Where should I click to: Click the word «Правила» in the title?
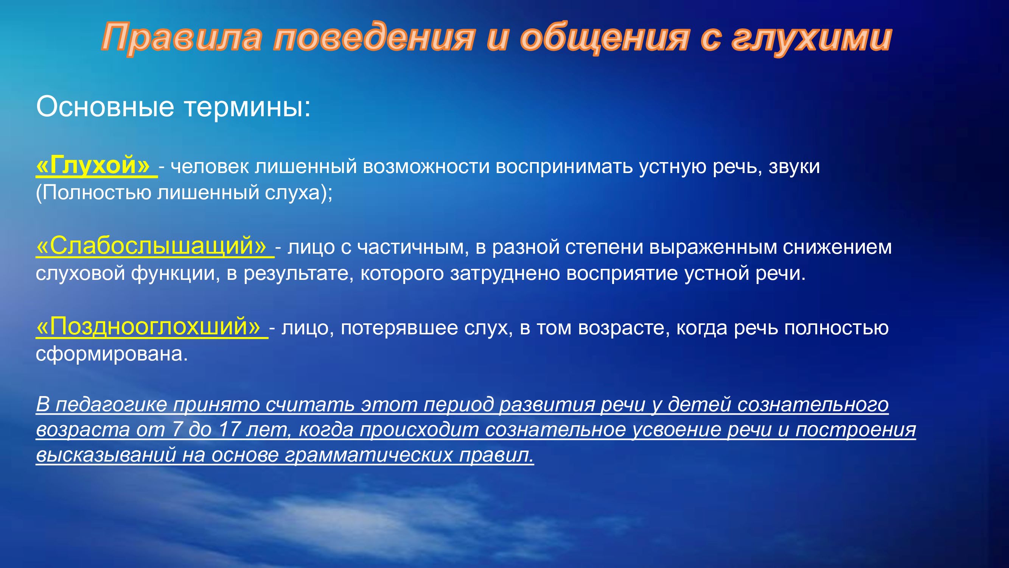coord(181,37)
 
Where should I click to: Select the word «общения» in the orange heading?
coord(604,38)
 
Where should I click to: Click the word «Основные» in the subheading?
coord(105,107)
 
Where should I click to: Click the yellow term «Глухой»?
coord(93,165)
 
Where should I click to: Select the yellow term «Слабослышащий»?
coord(151,246)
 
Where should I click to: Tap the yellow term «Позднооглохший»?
coord(148,326)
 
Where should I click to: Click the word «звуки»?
coord(794,167)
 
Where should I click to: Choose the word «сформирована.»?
coord(112,354)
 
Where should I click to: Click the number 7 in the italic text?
coord(177,430)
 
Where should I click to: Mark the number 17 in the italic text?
coord(229,430)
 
